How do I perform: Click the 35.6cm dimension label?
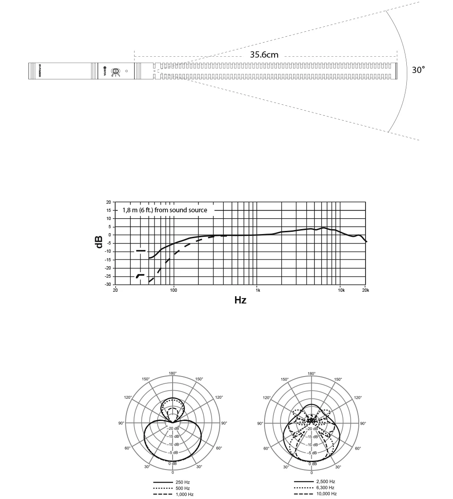tap(264, 55)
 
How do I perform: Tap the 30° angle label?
tap(418, 70)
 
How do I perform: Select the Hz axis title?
tap(240, 300)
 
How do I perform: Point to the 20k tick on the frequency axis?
tap(365, 290)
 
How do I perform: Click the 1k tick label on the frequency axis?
tap(258, 290)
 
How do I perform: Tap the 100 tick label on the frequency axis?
tap(173, 290)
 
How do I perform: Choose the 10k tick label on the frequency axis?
tap(341, 290)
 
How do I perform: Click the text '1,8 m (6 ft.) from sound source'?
tap(165, 210)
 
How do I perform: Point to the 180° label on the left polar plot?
tap(173, 373)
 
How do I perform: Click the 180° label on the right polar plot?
tap(312, 373)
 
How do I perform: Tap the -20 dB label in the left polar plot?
tap(173, 428)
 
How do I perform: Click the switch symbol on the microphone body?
tap(116, 71)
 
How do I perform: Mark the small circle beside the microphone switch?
tap(127, 71)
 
